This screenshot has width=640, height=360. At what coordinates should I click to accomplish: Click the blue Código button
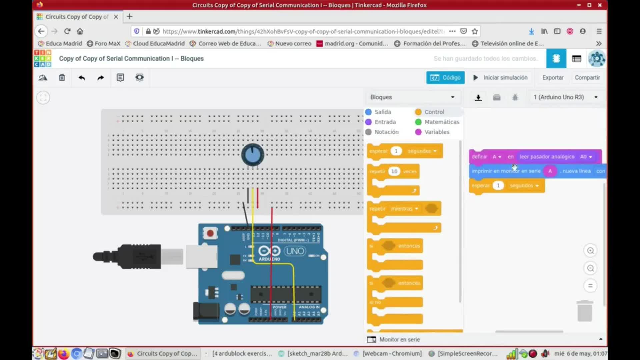[x=445, y=78]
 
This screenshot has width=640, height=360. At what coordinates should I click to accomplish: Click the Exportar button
[x=553, y=78]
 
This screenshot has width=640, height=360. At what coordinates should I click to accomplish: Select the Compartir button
[x=587, y=78]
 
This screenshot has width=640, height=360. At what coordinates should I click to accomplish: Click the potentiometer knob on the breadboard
[x=253, y=155]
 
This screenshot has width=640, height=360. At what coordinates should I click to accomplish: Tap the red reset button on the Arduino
[x=210, y=233]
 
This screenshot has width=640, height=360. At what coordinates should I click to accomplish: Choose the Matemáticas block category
[x=441, y=122]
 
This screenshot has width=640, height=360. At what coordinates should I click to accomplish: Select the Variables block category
[x=436, y=132]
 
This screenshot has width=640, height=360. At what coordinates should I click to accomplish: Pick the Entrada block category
[x=385, y=122]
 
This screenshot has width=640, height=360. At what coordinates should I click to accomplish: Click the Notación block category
[x=386, y=132]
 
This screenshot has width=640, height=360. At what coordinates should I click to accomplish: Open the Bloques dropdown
[x=412, y=97]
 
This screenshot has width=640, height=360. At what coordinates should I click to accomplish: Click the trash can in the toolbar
[x=62, y=78]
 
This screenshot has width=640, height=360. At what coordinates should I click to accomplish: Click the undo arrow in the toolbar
[x=82, y=78]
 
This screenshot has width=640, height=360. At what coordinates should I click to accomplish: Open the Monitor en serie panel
[x=399, y=339]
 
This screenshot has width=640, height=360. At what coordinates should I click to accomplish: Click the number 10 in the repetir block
[x=394, y=171]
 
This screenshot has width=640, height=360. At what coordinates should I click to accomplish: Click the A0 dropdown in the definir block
[x=586, y=157]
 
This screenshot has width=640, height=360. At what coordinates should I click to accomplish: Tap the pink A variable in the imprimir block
[x=550, y=171]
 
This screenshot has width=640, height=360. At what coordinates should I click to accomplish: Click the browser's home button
[x=80, y=31]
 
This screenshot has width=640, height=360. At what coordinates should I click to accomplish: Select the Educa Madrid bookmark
[x=60, y=44]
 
